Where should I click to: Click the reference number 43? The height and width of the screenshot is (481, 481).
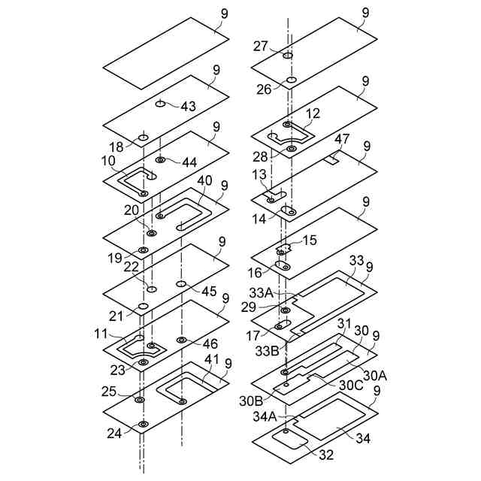pyautogui.click(x=187, y=107)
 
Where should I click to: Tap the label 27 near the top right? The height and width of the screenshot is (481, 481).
pyautogui.click(x=260, y=47)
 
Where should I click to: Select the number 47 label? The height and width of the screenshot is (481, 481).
pyautogui.click(x=342, y=141)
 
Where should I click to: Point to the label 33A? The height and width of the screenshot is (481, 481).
pyautogui.click(x=269, y=292)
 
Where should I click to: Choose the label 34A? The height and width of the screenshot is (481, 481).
pyautogui.click(x=265, y=416)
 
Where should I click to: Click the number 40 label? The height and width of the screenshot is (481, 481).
pyautogui.click(x=204, y=181)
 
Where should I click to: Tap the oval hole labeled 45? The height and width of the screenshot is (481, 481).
pyautogui.click(x=180, y=283)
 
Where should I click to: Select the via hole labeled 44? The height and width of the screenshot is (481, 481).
pyautogui.click(x=160, y=160)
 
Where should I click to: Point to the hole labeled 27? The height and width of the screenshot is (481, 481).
pyautogui.click(x=287, y=56)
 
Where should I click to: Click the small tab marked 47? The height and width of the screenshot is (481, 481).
pyautogui.click(x=331, y=159)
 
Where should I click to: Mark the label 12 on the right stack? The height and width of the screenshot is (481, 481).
pyautogui.click(x=313, y=113)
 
